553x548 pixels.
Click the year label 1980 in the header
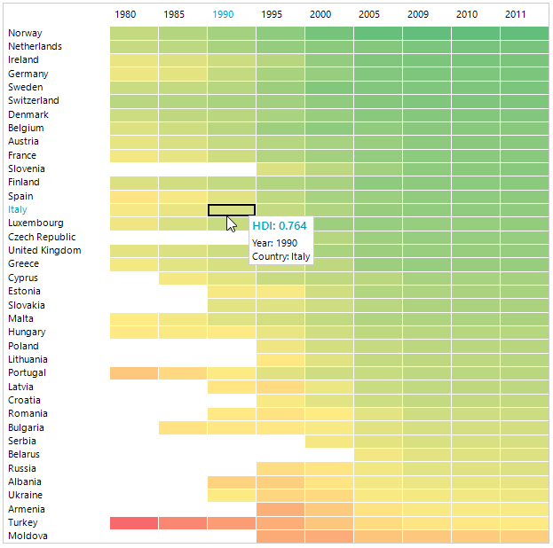125,14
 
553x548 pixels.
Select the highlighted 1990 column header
223,14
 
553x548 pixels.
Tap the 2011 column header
515,14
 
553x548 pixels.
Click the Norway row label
25,33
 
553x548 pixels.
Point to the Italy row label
18,209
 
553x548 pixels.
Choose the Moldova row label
28,536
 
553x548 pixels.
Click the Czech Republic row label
42,237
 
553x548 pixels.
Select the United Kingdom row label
44,250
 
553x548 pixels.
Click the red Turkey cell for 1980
134,523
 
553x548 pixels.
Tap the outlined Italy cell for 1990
232,210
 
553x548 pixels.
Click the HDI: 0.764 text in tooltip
280,226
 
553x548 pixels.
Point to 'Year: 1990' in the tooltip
274,242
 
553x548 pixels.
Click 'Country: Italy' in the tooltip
280,256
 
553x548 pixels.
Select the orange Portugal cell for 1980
134,373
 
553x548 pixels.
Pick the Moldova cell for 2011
524,536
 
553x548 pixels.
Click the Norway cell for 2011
524,34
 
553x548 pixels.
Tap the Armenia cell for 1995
280,509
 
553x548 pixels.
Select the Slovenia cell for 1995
280,169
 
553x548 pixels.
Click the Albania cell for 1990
232,481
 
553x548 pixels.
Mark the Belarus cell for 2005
378,455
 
